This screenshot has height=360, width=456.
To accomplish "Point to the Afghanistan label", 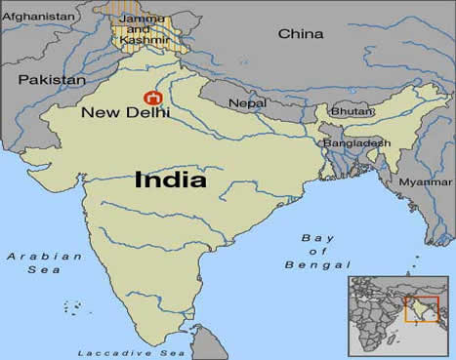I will (x=39, y=17).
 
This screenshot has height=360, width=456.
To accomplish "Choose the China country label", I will (x=300, y=34).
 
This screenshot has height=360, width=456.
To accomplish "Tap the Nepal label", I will (x=248, y=102).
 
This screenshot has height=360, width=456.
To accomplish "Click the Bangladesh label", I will (x=357, y=142).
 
